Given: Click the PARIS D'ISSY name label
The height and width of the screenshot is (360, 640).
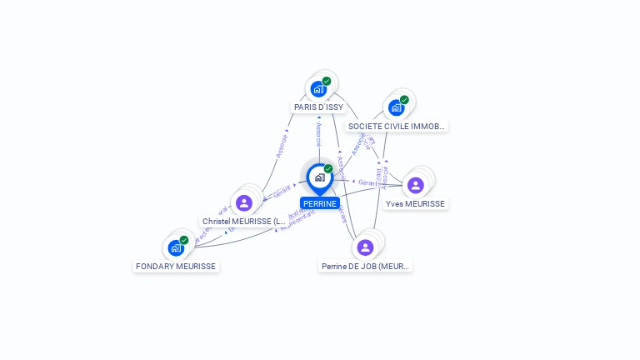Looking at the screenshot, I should pos(318,107).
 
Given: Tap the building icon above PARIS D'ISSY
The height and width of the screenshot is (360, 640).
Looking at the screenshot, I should pos(317,88).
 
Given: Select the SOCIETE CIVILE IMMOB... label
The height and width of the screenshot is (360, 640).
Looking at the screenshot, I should pos(397,126).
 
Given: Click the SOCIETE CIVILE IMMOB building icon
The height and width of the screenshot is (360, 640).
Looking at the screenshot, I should pos(395,107).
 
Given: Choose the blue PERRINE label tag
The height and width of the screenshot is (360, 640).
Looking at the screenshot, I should pos(320,203).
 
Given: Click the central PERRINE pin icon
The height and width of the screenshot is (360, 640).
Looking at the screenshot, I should pos(319,177).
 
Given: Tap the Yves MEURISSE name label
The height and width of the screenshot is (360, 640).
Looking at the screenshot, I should pos(415,204).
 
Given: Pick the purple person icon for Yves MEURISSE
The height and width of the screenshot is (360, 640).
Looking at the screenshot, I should pos(415,185).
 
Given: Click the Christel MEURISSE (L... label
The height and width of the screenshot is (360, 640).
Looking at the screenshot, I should pos(244,222).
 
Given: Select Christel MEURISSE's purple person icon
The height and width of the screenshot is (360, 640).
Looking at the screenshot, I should pos(243,202).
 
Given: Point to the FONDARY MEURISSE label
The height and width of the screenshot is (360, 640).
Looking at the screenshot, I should pos(176,267).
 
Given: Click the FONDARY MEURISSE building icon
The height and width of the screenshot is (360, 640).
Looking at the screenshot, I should pos(175,247).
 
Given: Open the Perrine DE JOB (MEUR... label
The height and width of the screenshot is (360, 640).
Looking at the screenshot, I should pos(365,267).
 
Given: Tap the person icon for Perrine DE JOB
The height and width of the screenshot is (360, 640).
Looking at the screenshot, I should pos(365,247).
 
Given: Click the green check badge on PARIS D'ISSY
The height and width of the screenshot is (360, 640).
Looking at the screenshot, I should pos(327,81).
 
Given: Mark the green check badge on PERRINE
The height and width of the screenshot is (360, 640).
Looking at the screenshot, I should pos(328,169).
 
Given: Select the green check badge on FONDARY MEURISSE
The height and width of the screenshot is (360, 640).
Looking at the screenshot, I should pos(184,240).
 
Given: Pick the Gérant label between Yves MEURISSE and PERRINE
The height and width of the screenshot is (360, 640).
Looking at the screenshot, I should pos(367,182).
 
